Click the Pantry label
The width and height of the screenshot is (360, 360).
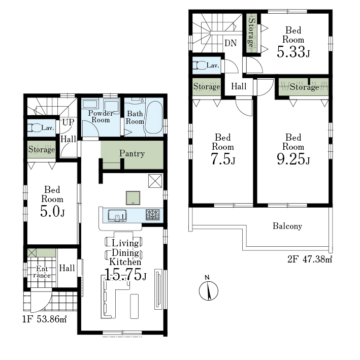click(x=132, y=154)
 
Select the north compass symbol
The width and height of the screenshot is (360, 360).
click(x=209, y=289)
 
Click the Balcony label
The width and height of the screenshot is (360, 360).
click(x=287, y=226)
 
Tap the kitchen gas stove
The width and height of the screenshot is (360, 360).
click(x=153, y=215)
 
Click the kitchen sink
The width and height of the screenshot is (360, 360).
click(x=117, y=215)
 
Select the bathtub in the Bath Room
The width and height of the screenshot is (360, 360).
click(x=154, y=117)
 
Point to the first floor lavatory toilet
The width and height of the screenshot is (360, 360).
click(x=35, y=127)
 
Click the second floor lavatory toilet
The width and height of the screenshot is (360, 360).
click(x=199, y=65)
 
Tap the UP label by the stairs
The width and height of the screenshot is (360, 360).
click(x=68, y=122)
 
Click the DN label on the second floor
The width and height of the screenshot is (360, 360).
click(x=231, y=43)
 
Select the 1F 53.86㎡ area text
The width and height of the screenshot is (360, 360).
click(x=45, y=319)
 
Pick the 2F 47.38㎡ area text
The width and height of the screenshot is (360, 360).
click(x=310, y=259)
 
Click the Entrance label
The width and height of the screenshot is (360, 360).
click(x=42, y=272)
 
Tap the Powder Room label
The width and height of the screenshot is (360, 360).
click(x=101, y=116)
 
